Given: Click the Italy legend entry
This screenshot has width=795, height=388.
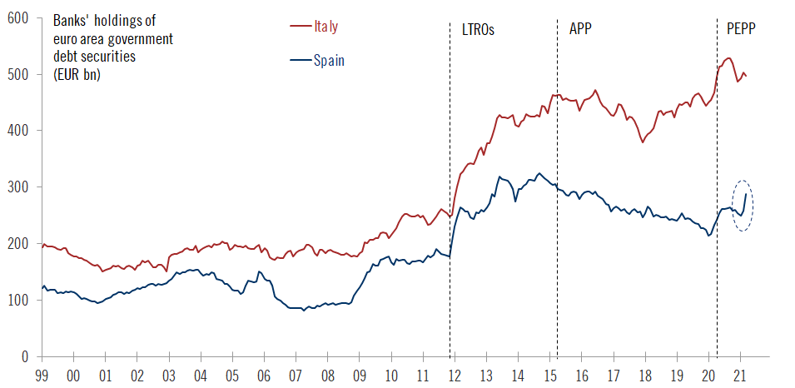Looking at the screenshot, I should pyautogui.click(x=325, y=27).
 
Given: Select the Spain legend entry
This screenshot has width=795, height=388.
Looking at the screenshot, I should pyautogui.click(x=329, y=60).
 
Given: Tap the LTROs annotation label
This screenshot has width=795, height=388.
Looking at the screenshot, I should pyautogui.click(x=478, y=29).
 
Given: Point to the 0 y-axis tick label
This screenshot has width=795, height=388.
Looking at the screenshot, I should pyautogui.click(x=25, y=356).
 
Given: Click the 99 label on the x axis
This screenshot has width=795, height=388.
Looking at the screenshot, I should pyautogui.click(x=41, y=376).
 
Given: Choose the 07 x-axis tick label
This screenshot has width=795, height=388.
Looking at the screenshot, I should pyautogui.click(x=295, y=376).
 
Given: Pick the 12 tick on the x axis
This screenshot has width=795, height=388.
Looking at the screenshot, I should pyautogui.click(x=454, y=376).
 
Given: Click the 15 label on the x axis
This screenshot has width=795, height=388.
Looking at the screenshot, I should pyautogui.click(x=549, y=376).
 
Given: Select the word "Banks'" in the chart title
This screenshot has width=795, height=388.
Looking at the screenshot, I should pyautogui.click(x=72, y=20).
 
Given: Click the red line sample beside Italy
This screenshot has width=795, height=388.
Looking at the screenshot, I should pyautogui.click(x=299, y=27).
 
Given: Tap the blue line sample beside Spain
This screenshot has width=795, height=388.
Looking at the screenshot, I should pyautogui.click(x=299, y=60).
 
